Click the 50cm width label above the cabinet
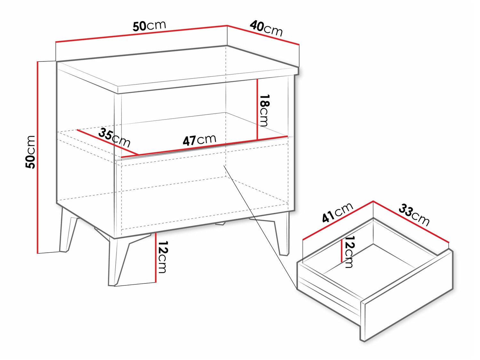(149, 26)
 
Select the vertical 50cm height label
(30, 152)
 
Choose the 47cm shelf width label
(199, 140)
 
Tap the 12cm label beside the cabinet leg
(162, 257)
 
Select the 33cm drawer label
(414, 215)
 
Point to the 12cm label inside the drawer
(348, 252)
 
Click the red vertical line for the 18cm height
(258, 109)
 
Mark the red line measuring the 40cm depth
(263, 36)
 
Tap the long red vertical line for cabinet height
(38, 157)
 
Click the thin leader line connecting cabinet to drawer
(260, 227)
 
